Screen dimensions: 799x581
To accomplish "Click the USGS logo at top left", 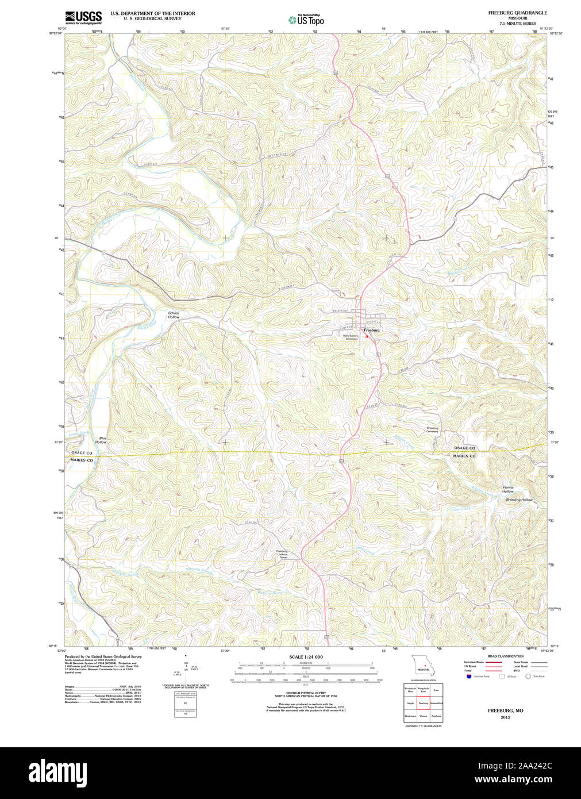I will coord(83,17).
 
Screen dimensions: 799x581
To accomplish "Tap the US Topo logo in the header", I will coord(306,20).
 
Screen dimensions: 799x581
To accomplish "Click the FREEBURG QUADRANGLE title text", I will coord(517,13).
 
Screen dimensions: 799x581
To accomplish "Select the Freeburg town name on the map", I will coord(371,331).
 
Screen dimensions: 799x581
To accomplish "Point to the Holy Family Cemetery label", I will coord(351,337).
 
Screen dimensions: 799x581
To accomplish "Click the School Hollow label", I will coord(174,315).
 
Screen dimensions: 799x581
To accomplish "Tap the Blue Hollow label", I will coord(101,440).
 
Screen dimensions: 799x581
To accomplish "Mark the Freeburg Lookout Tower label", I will coord(282,554).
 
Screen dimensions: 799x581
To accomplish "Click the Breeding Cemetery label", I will coord(432,429).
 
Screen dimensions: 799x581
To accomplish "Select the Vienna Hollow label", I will coord(508,489).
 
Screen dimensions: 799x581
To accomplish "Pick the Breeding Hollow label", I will coord(519,500).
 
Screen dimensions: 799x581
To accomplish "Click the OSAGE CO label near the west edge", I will coord(82,453).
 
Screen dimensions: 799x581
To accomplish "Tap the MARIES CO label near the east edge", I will coord(464,456).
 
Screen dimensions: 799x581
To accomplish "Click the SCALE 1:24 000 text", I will coord(306,656).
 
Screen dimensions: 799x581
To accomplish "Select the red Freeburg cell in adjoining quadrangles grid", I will coord(424,702).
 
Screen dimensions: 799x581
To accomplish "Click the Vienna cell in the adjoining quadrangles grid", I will coord(424,717).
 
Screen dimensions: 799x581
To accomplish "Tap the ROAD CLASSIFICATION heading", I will coord(505,656).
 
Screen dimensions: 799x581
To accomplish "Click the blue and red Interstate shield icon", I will coord(469,677).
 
